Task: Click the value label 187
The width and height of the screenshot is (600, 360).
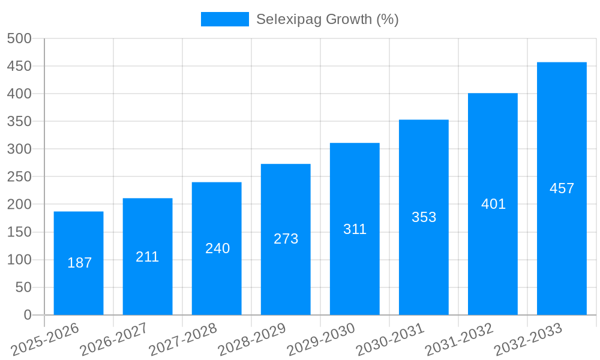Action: pos(80,263)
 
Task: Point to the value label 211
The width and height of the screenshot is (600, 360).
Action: pos(148,257)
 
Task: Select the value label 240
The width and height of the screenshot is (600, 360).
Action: pos(217,248)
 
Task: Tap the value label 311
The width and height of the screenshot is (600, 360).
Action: pos(355,229)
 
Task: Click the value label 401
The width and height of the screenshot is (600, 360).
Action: pos(493,204)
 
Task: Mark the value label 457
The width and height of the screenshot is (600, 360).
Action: pos(562,188)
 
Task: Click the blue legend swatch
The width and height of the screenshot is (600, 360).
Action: pos(224,19)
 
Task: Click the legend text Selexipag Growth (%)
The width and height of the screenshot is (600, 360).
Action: pos(327,19)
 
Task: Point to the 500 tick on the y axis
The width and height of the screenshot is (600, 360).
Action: pos(19,38)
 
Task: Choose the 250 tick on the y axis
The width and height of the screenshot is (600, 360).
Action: pos(19,177)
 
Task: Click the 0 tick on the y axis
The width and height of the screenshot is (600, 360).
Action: pos(27,315)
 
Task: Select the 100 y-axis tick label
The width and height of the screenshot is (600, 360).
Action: pos(19,260)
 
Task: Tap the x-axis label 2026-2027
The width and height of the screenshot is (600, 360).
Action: pos(114,339)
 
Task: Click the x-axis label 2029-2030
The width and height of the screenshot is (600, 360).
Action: pos(322,339)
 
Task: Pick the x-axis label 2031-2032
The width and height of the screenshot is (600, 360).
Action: pos(460,339)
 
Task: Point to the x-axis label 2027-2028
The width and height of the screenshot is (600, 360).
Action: pos(183,339)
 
